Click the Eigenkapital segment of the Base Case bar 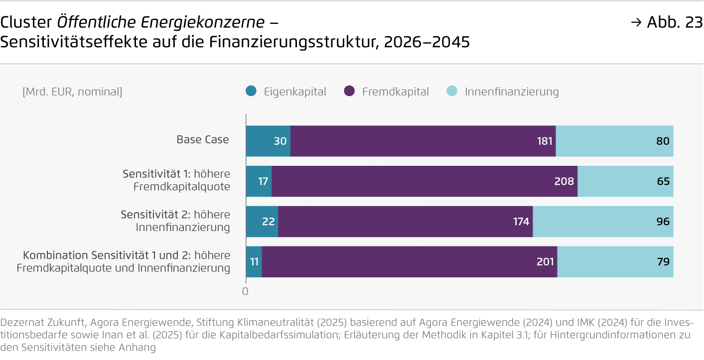(x=268, y=141)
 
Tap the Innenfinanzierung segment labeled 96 (x=603, y=222)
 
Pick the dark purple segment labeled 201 (x=409, y=261)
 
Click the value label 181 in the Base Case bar (x=545, y=141)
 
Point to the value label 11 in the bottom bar (x=254, y=261)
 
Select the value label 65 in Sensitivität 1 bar (x=663, y=181)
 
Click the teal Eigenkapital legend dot (x=252, y=92)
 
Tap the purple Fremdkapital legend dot (x=349, y=92)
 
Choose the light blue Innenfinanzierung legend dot (x=452, y=92)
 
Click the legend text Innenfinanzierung (x=512, y=92)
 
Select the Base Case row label (x=203, y=139)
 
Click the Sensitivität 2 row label (x=175, y=221)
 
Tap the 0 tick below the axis (x=245, y=292)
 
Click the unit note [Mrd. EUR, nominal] (x=72, y=92)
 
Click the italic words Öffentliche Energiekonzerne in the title (x=161, y=22)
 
